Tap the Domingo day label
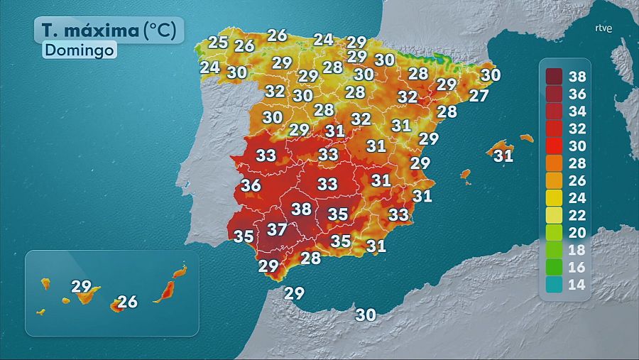(80, 50)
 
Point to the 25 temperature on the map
(218, 42)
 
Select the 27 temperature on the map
(479, 96)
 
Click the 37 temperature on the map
(276, 229)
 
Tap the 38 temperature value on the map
(302, 209)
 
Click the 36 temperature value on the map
(251, 186)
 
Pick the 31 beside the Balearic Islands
(503, 155)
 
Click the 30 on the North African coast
(366, 315)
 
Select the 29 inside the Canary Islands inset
(82, 287)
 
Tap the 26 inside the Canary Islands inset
(127, 302)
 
